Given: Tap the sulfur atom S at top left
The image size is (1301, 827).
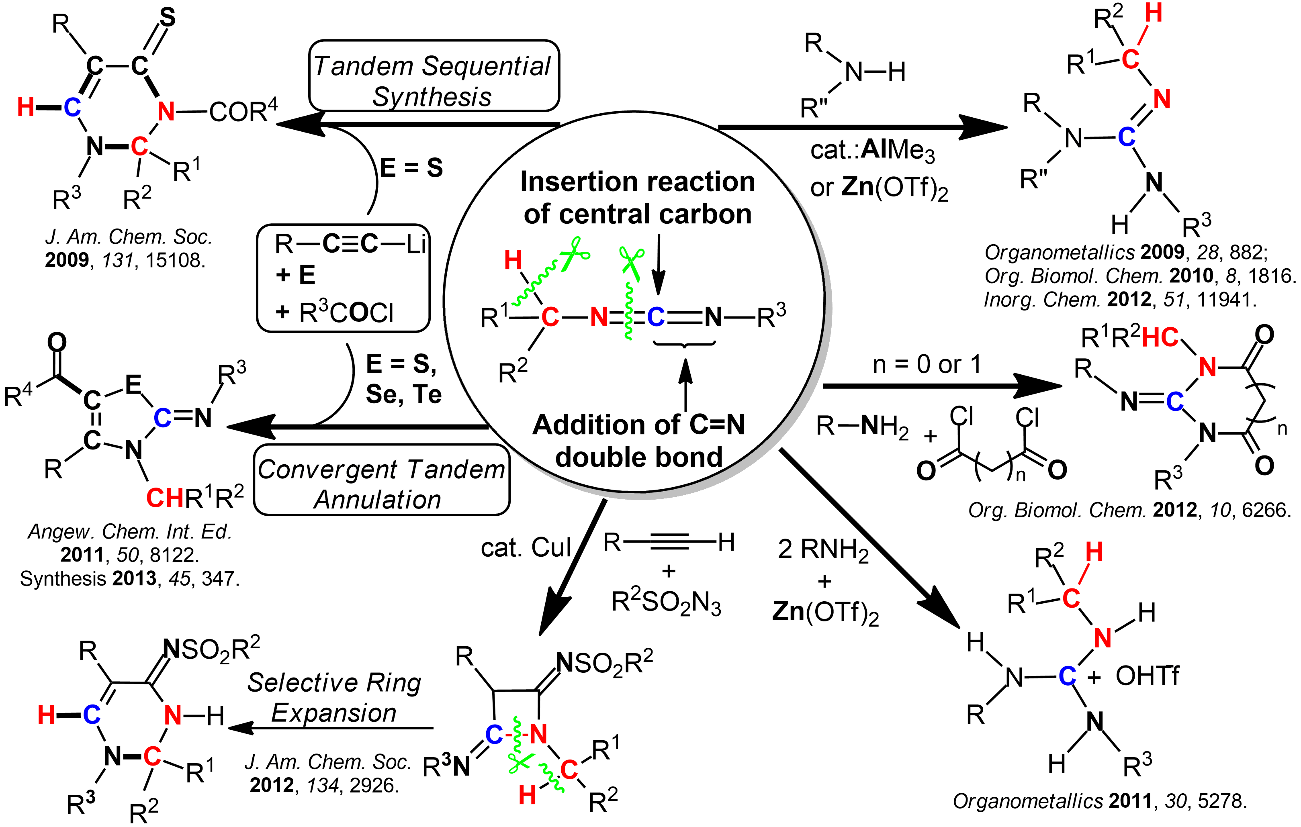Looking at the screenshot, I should click(x=168, y=18).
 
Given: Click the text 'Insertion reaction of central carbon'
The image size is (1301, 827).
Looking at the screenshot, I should click(x=638, y=198).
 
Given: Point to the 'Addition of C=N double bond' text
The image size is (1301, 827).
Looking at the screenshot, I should click(x=638, y=441).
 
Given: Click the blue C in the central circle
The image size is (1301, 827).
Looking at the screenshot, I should click(x=655, y=317).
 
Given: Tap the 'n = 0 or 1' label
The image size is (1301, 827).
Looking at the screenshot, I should click(x=927, y=365).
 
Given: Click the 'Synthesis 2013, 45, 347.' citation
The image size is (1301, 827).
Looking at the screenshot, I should click(x=130, y=578).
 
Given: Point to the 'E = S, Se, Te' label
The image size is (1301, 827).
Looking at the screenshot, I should click(x=403, y=379).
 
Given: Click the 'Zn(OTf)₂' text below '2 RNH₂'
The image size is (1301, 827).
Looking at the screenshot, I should click(x=825, y=612).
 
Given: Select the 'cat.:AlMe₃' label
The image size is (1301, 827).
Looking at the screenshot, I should click(x=872, y=150).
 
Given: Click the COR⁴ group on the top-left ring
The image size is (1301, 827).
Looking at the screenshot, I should click(x=243, y=111).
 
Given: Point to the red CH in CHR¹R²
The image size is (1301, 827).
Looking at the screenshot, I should click(x=165, y=498).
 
